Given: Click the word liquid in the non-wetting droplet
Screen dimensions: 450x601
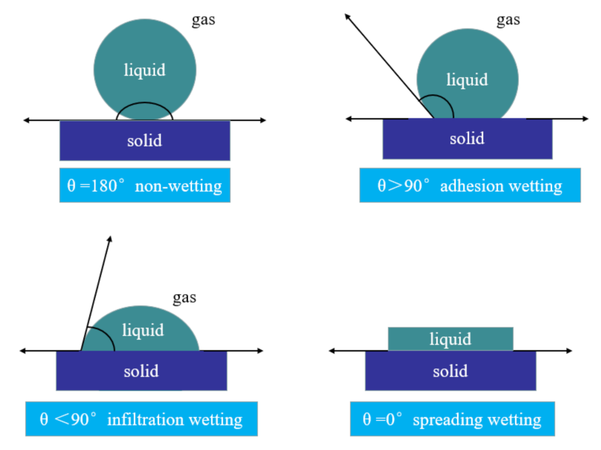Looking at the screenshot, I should [x=145, y=70].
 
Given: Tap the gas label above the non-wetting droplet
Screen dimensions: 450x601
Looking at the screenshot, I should [x=203, y=20].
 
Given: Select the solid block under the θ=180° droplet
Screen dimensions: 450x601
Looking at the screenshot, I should [x=145, y=141].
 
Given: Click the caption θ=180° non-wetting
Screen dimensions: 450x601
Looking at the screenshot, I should [x=145, y=185].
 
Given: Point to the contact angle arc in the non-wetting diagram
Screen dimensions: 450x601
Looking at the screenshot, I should [x=145, y=104].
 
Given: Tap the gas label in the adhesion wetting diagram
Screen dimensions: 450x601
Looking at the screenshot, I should [x=508, y=20].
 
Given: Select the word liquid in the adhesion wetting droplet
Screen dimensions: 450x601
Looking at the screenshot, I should [x=467, y=80].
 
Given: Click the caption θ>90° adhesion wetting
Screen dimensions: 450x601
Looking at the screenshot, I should [x=470, y=185].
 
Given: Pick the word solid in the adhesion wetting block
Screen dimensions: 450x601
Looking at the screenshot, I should [x=467, y=138].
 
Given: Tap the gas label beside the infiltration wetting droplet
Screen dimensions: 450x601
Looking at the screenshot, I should [x=184, y=297].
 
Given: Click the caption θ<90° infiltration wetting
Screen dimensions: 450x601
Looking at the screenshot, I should [x=141, y=419].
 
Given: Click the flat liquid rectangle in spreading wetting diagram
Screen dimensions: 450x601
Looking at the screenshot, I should [x=450, y=339].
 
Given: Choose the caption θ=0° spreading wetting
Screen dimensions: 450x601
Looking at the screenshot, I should [x=452, y=419].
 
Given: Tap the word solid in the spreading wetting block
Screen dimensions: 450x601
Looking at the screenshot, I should [x=450, y=371].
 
